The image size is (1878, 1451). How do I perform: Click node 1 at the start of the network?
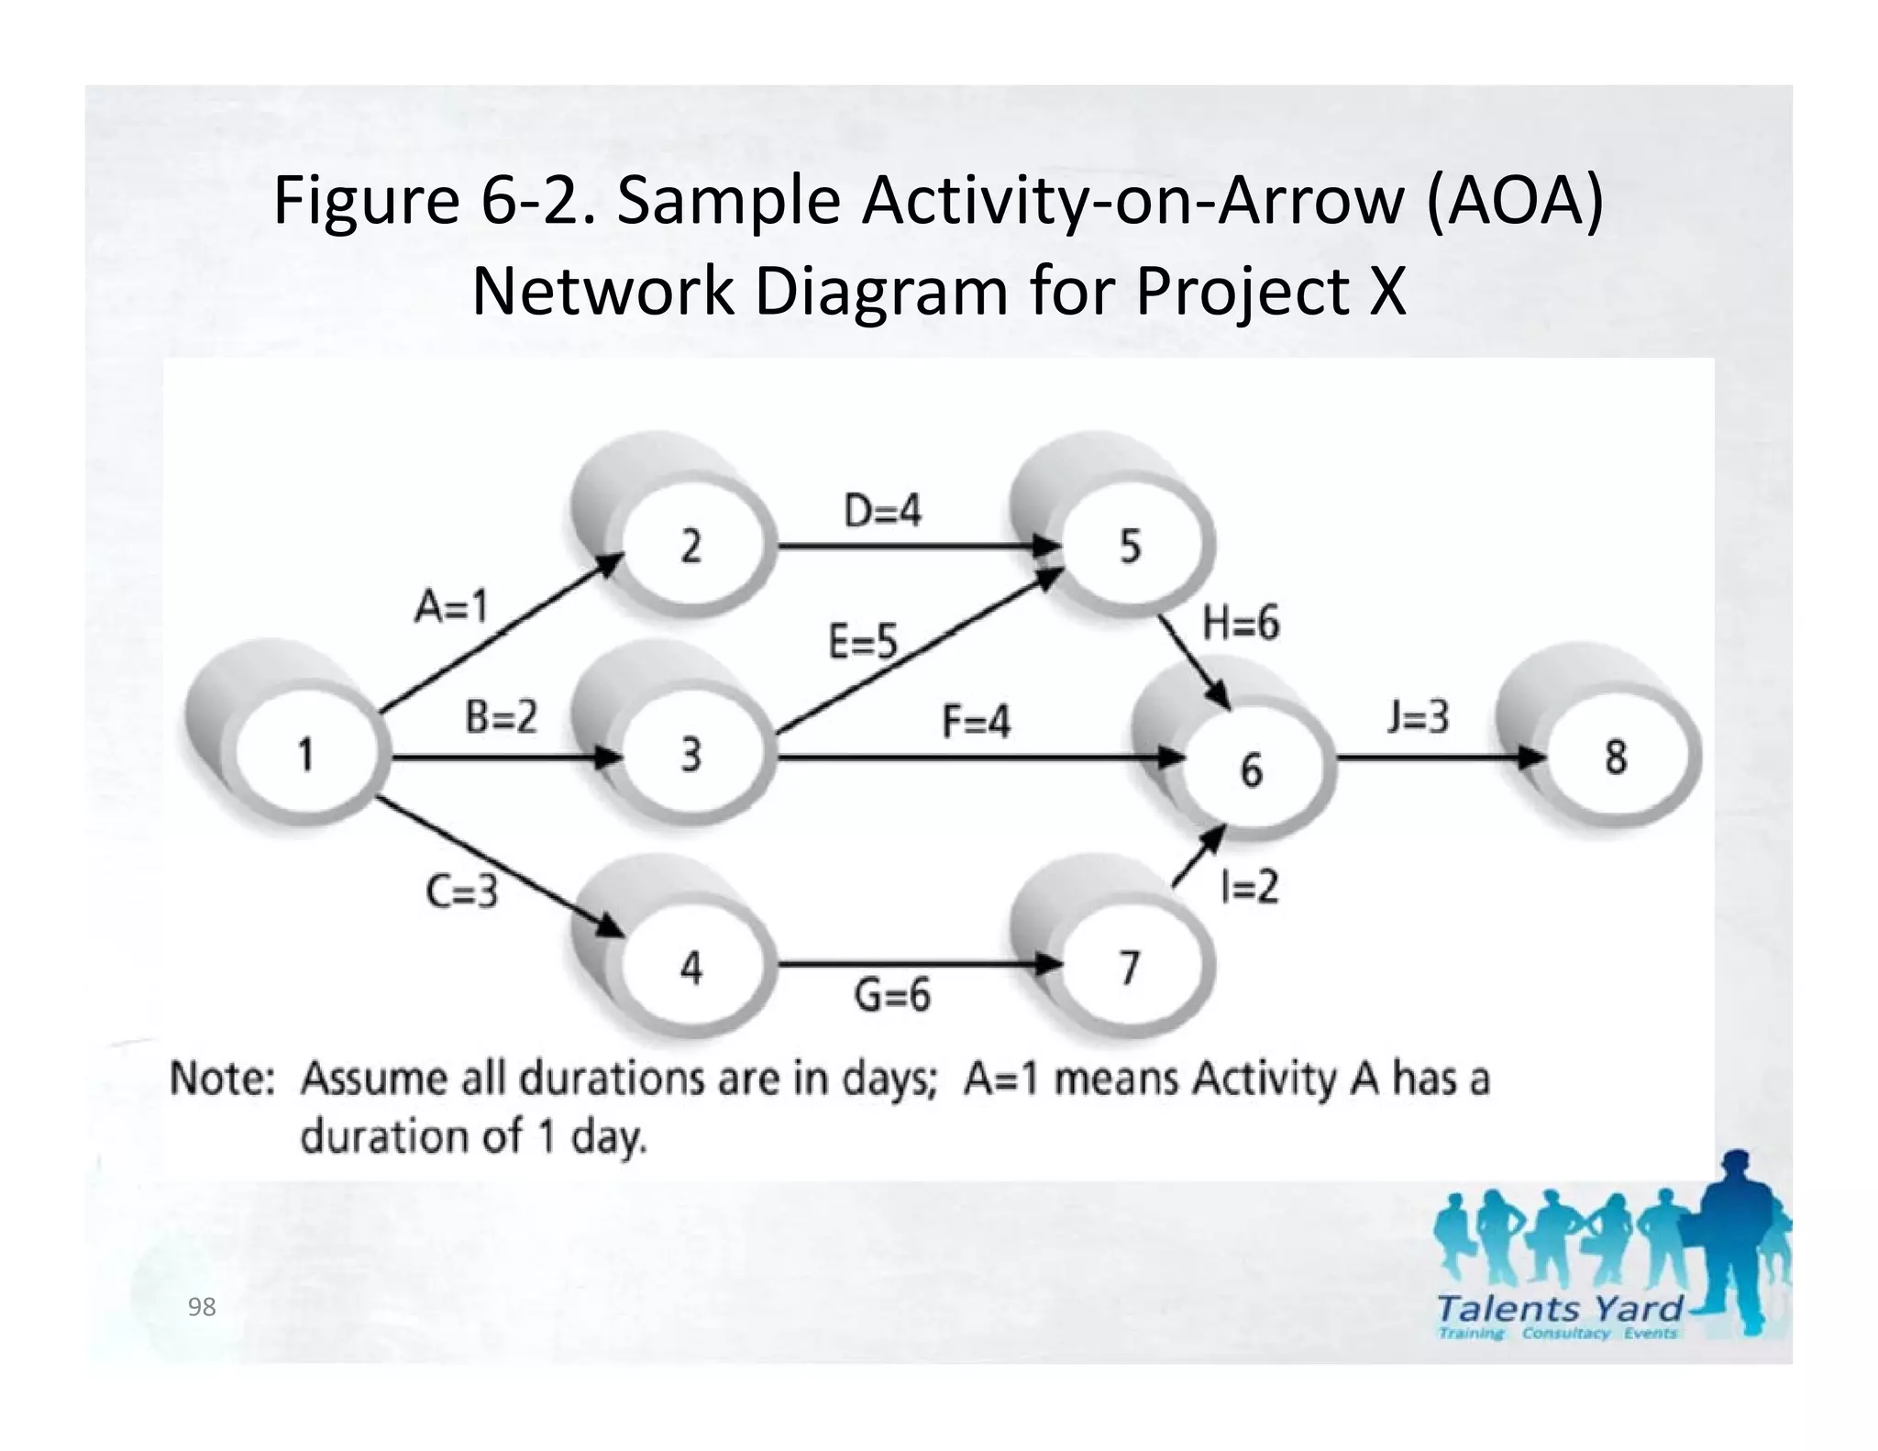(306, 755)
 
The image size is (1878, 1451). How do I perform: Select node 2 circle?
(691, 547)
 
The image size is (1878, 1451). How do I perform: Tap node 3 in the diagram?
(691, 755)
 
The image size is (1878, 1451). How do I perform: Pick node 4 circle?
(691, 968)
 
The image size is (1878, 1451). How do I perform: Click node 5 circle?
(1130, 547)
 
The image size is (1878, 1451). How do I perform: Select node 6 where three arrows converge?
(1252, 769)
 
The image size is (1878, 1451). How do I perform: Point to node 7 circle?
(1130, 968)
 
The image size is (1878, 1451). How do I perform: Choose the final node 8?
(1616, 758)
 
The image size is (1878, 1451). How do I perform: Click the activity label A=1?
(451, 606)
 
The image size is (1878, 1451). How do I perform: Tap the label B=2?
(501, 716)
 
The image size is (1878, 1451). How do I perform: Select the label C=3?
(461, 891)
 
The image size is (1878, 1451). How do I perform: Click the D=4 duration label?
(882, 511)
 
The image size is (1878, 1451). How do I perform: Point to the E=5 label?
(862, 641)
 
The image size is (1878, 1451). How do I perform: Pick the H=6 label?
(1241, 625)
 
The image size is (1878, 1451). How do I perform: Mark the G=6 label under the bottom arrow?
(892, 994)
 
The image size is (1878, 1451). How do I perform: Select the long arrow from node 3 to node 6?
(972, 758)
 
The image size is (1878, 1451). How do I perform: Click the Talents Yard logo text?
(1559, 1309)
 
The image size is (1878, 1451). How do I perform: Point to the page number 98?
(202, 1307)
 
